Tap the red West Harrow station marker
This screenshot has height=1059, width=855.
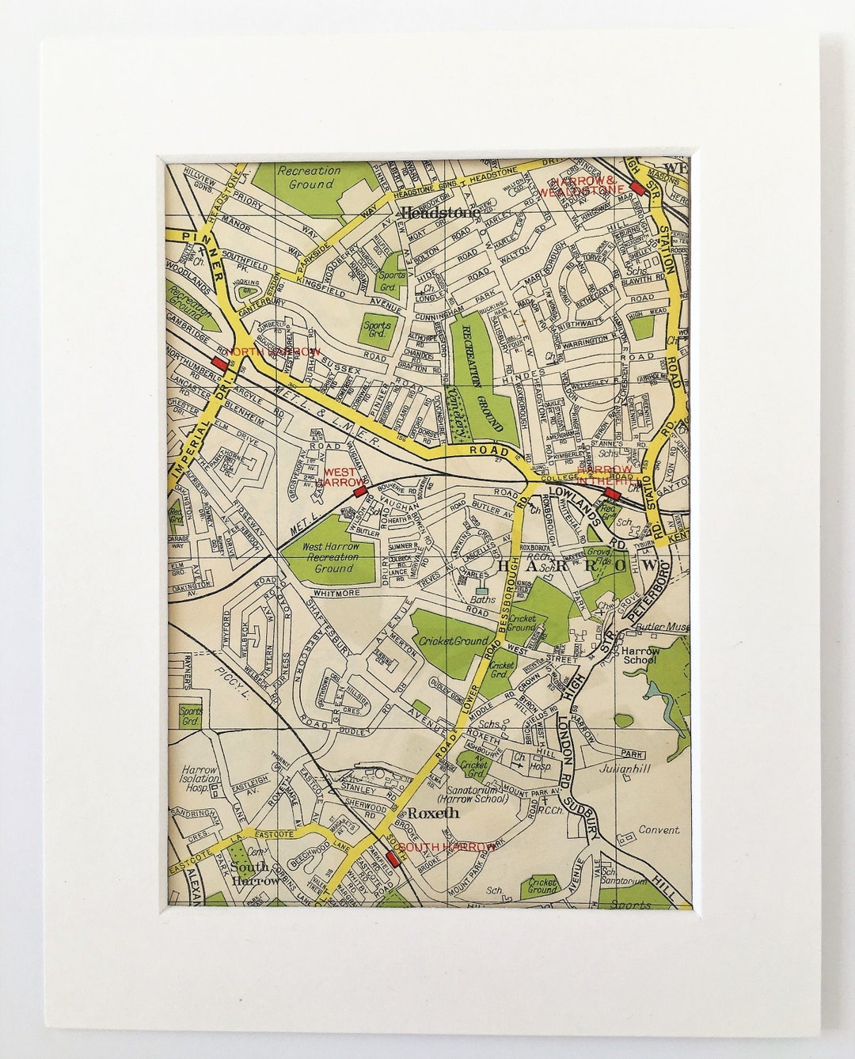click(x=359, y=492)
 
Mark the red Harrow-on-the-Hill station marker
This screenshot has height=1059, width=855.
click(x=610, y=492)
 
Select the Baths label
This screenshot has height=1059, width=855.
click(x=481, y=600)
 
